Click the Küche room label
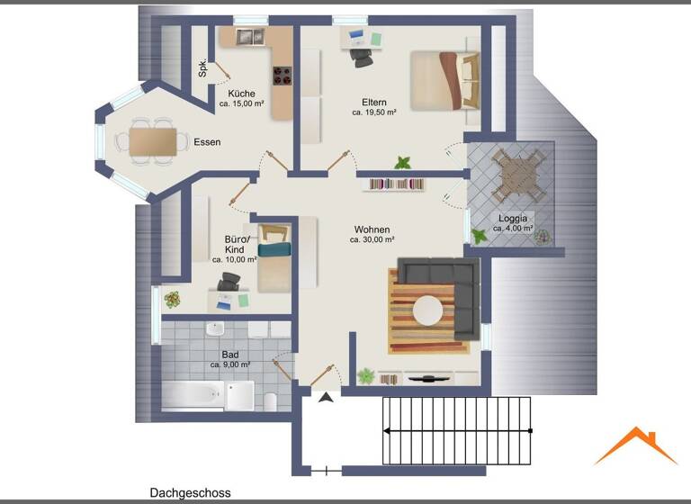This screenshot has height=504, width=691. click(241, 94)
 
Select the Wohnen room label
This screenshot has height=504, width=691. click(372, 229)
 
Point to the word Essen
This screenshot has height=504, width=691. click(207, 142)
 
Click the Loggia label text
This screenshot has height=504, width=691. click(514, 219)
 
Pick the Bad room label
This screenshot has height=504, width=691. click(229, 354)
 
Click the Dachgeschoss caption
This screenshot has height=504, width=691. click(190, 493)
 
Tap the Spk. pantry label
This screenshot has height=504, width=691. click(202, 67)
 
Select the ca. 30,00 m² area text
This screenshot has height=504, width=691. click(372, 240)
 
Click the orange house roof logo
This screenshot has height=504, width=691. click(634, 445)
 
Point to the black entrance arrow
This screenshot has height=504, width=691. click(324, 395)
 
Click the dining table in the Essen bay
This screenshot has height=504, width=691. click(152, 141)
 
